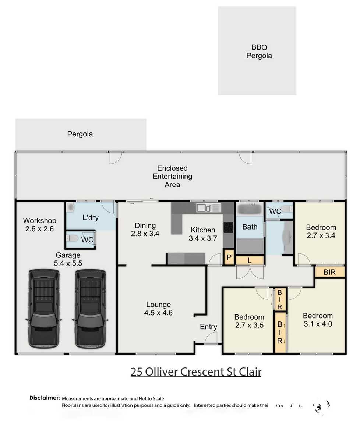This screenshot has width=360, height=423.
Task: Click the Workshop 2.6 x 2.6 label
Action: tap(40, 224)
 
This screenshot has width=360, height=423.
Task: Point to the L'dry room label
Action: tap(90, 217)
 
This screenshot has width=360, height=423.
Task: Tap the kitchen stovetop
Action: tap(228, 228)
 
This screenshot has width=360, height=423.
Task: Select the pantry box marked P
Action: tap(229, 257)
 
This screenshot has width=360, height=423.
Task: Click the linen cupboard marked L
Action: tap(249, 260)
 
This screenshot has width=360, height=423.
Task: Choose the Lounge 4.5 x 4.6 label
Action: tap(159, 309)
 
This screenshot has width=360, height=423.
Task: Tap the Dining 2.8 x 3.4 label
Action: tap(145, 229)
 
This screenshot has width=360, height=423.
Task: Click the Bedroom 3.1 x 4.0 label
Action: tap(318, 320)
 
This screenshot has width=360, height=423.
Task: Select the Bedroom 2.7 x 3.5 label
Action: tap(249, 321)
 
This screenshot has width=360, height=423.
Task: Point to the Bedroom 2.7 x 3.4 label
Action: tap(321, 231)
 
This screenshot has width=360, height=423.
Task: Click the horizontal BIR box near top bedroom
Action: tap(329, 272)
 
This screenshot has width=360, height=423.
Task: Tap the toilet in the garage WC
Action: tap(73, 239)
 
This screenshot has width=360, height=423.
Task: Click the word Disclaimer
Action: tap(45, 398)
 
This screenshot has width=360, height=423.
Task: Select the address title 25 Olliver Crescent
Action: tap(196, 372)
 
